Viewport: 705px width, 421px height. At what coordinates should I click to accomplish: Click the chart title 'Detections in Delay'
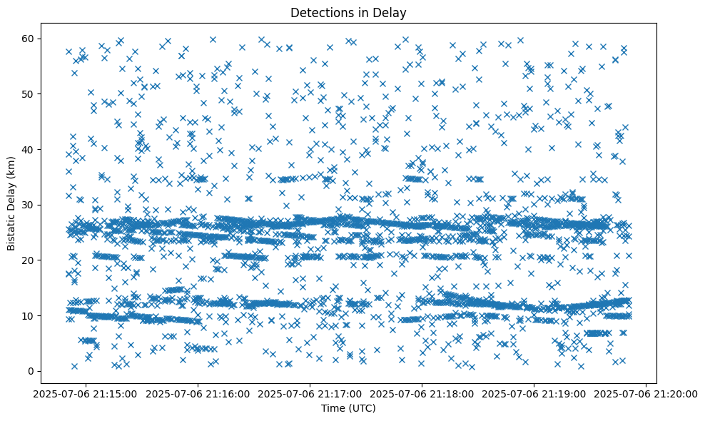tap(349, 12)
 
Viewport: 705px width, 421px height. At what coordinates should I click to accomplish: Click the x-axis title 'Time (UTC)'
tap(349, 408)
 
